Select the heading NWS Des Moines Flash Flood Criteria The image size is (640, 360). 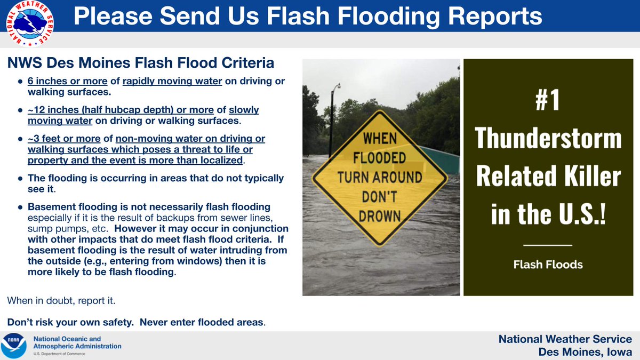141,63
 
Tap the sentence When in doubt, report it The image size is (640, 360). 61,301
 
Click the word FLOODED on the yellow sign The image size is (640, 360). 380,158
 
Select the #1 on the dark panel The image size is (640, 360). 547,101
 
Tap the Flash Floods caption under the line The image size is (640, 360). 548,264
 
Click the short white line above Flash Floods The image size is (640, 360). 548,245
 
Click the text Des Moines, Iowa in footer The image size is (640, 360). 585,351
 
